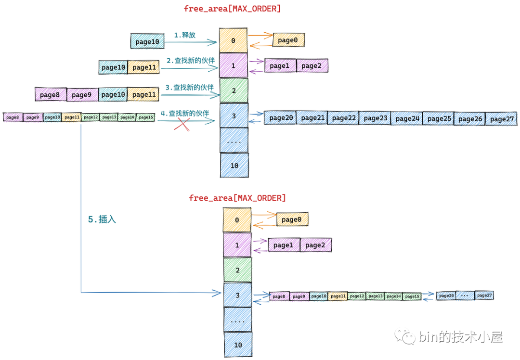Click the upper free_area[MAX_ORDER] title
tap(232, 9)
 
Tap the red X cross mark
tap(182, 125)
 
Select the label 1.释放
tap(185, 35)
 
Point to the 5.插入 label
tap(102, 219)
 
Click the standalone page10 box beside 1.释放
tap(147, 42)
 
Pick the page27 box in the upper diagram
tap(502, 118)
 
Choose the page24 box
tap(406, 118)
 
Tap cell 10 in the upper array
tap(234, 166)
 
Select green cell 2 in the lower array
tap(237, 270)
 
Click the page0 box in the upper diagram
tap(288, 40)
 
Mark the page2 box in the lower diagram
tap(315, 245)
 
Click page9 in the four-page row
tap(82, 95)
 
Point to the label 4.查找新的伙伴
tap(185, 114)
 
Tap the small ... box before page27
tap(465, 296)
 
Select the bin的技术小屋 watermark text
tap(461, 337)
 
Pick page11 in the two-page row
tap(144, 67)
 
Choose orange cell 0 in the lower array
tap(237, 220)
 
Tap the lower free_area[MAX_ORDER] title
tap(237, 198)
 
